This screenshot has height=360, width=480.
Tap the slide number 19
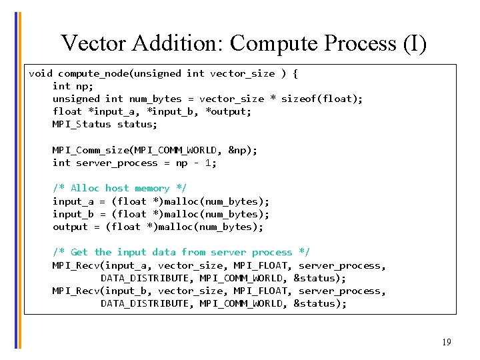pyautogui.click(x=446, y=342)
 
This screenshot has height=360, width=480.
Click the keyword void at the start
pyautogui.click(x=41, y=73)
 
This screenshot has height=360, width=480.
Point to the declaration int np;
pyautogui.click(x=73, y=86)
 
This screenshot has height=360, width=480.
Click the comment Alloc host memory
pyautogui.click(x=120, y=188)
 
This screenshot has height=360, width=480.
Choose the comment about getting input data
pyautogui.click(x=181, y=252)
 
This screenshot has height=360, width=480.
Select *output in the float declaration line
pyautogui.click(x=229, y=111)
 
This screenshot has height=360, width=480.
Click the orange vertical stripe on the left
pyautogui.click(x=19, y=180)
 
